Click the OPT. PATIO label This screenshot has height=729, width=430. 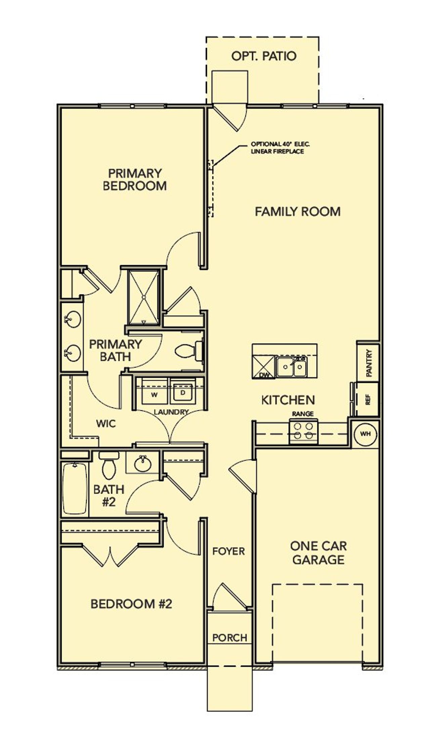point(264,56)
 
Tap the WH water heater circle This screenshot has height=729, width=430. point(365,434)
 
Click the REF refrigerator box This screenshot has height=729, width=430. point(368,399)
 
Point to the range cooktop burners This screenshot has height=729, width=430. point(303,431)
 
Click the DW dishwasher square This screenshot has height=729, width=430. point(264,367)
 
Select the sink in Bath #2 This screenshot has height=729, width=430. point(142,464)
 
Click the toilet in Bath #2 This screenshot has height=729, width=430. point(109,466)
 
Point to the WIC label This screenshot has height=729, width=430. point(106,424)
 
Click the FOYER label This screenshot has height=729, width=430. point(228,551)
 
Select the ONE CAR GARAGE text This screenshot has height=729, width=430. point(318,553)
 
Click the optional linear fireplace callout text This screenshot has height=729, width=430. point(280,148)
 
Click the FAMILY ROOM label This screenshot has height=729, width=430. point(298,212)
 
